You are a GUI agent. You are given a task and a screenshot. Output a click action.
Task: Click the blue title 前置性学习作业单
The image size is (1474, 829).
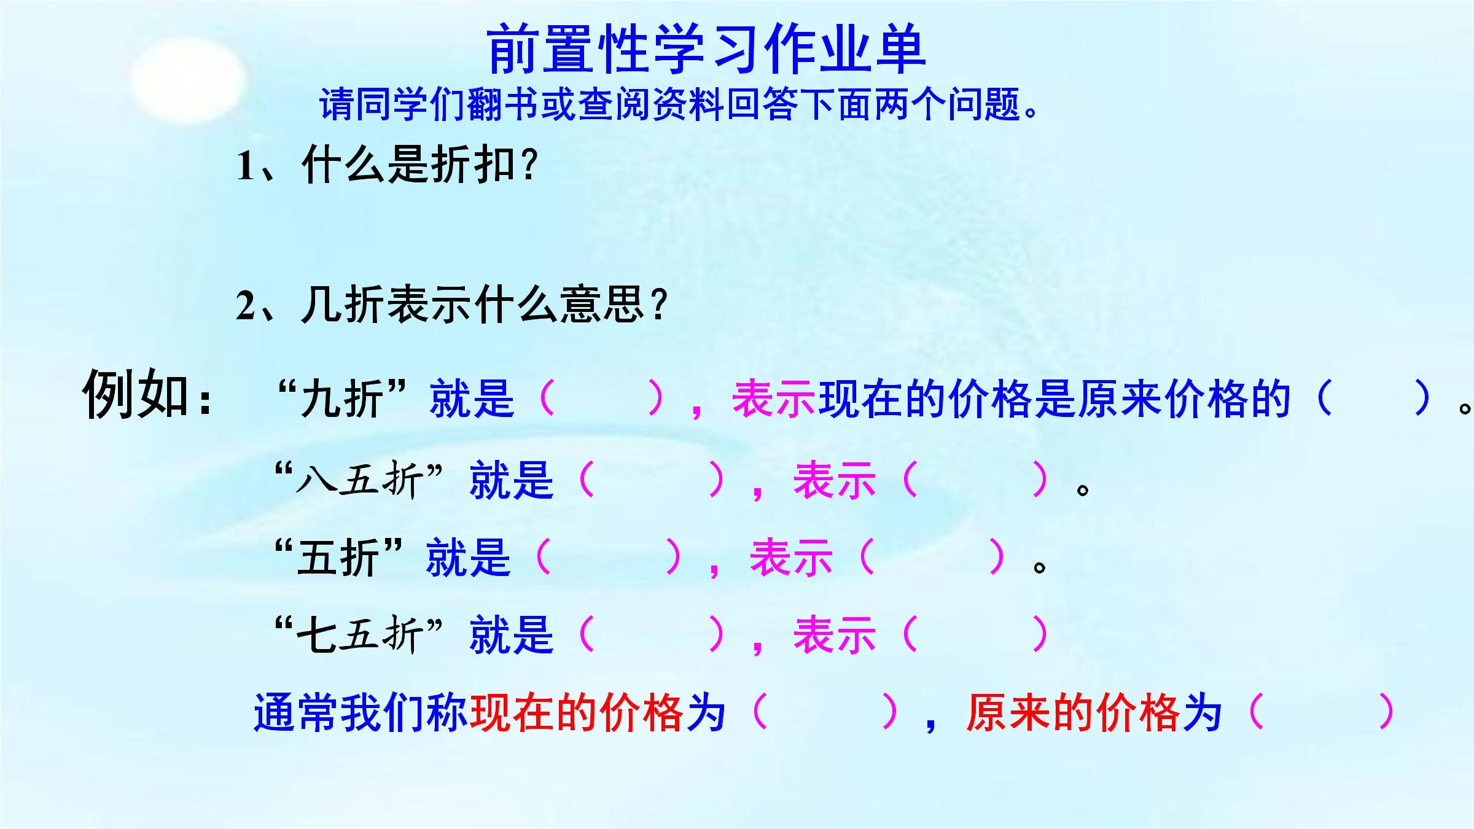pyautogui.click(x=706, y=49)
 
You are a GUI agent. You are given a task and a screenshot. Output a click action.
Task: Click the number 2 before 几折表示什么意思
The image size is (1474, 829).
pyautogui.click(x=246, y=306)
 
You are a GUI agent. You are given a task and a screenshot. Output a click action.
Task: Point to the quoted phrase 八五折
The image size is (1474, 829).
pyautogui.click(x=359, y=479)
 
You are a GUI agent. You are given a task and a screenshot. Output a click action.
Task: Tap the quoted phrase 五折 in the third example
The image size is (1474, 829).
pyautogui.click(x=338, y=558)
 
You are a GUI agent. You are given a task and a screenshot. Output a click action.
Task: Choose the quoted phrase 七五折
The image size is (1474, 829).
pyautogui.click(x=359, y=634)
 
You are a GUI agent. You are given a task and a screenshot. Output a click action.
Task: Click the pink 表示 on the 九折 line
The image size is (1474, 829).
pyautogui.click(x=774, y=398)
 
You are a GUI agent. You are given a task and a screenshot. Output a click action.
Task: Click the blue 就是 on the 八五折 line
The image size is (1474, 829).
pyautogui.click(x=512, y=479)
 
